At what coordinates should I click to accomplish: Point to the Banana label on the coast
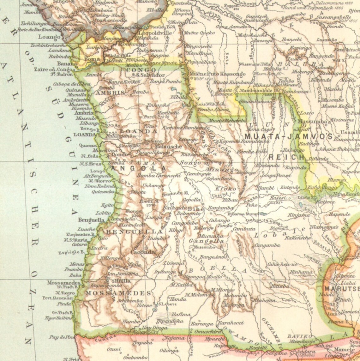pyautogui.click(x=67, y=63)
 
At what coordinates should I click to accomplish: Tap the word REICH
pyautogui.click(x=287, y=157)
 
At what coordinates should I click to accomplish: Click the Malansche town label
pyautogui.click(x=169, y=147)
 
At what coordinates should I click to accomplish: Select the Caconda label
pyautogui.click(x=143, y=252)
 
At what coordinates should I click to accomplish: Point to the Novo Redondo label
pyautogui.click(x=100, y=186)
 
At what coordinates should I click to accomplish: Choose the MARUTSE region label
pyautogui.click(x=341, y=289)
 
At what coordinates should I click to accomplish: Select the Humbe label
pyautogui.click(x=131, y=322)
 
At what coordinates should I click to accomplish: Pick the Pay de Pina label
pyautogui.click(x=62, y=337)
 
